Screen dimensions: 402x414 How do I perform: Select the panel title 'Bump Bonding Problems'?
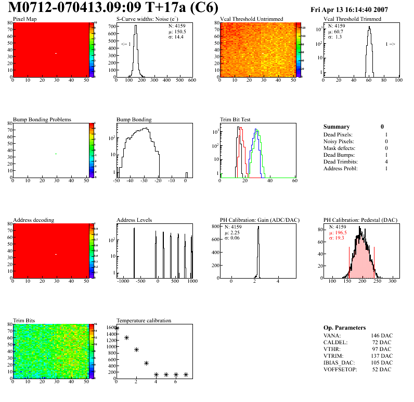coord(42,119)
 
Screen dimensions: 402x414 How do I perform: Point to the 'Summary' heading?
coord(337,127)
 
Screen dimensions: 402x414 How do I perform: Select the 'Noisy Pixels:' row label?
coord(339,141)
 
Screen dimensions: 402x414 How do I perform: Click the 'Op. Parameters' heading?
coord(344,328)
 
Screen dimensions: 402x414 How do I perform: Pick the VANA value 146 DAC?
coord(382,336)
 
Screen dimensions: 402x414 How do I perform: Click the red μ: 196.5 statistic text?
coord(341,233)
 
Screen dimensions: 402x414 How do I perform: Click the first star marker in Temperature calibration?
coord(117,328)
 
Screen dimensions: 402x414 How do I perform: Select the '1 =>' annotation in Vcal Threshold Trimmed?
coord(390,44)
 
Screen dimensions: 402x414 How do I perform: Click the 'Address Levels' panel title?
coord(134,220)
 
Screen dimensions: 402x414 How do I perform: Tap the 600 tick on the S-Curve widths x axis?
coord(191,80)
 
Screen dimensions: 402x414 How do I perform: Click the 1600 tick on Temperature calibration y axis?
coord(110,328)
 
